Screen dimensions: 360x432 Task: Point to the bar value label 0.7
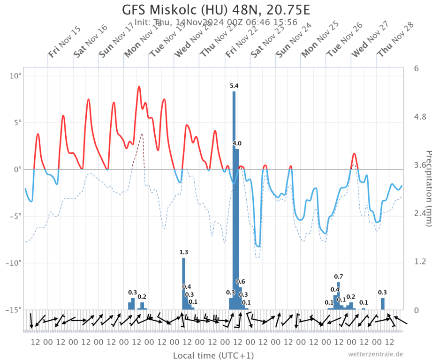(x=338, y=276)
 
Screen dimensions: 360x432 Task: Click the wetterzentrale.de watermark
(x=375, y=354)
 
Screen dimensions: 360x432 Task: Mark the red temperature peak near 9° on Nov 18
(x=139, y=87)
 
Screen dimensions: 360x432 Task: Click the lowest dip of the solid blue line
(x=258, y=246)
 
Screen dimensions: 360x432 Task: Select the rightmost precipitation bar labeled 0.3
(x=383, y=303)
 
